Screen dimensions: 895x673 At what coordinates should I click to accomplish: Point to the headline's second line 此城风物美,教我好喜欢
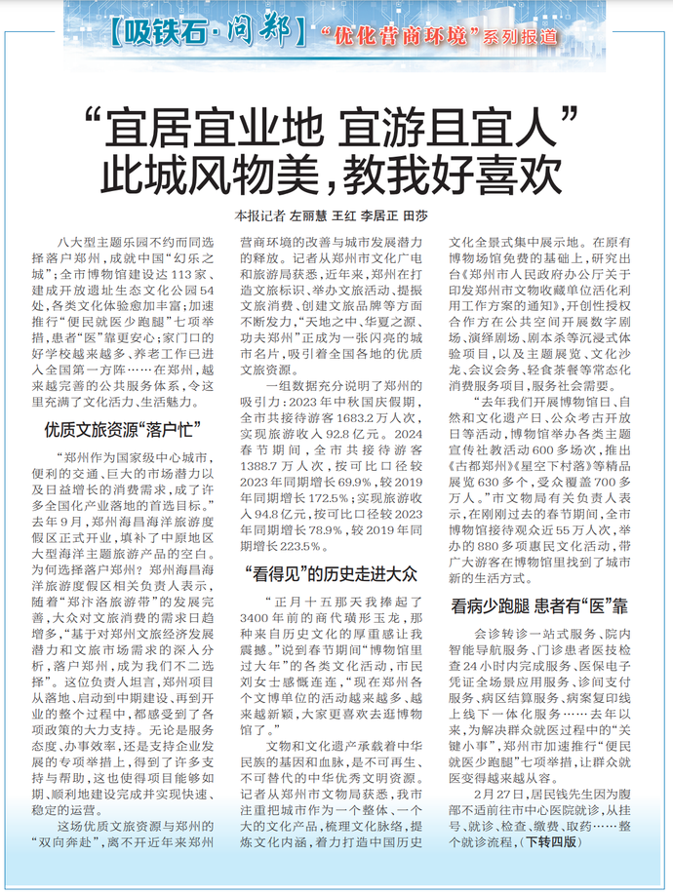coord(336,175)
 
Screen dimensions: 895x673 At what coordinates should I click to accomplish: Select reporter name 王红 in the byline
coord(344,214)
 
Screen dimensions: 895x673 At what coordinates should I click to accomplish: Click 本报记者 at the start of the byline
coord(257,214)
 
